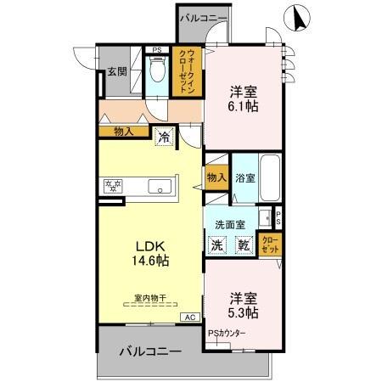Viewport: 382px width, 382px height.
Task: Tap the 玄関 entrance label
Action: [117, 72]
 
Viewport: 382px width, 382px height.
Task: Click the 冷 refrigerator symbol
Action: [163, 135]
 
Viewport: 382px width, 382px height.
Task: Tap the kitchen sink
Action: [160, 186]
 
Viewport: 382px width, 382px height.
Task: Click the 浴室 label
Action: [244, 179]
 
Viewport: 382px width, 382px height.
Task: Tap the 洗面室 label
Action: [229, 224]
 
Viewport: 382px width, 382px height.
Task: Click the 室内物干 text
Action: [149, 297]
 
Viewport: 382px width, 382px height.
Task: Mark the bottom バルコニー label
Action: [149, 350]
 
